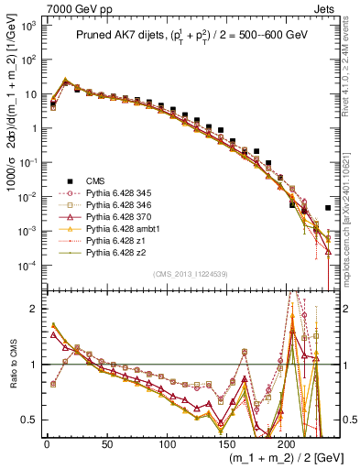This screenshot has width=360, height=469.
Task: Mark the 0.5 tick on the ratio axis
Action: coord(28,420)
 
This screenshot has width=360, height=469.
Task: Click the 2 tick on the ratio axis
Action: coord(34,309)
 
